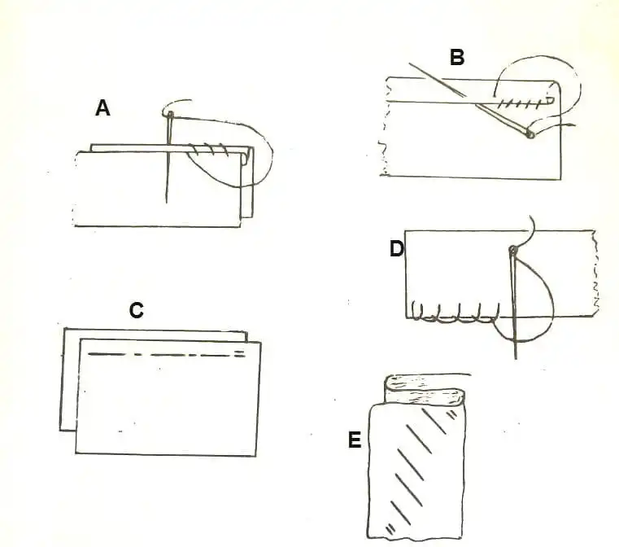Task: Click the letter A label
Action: point(102,107)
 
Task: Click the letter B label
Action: point(456,57)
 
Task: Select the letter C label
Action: point(137,310)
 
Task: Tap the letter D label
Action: point(396,248)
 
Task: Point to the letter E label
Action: point(354,440)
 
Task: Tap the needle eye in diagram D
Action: point(512,247)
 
